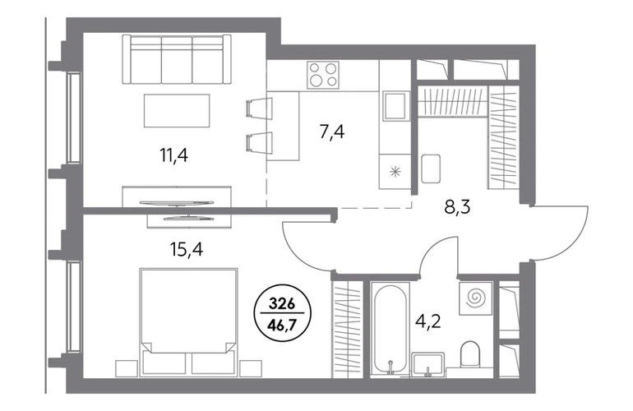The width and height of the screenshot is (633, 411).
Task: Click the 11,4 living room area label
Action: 174,155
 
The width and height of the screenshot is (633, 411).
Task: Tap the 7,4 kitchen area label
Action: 332,132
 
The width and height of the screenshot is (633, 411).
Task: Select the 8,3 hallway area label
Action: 457,208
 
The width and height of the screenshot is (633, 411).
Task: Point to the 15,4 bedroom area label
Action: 187,250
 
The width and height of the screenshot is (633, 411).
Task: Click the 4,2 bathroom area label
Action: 428,322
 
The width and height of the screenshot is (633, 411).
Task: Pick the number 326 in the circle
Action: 282,303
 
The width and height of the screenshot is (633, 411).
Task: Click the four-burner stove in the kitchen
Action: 323,75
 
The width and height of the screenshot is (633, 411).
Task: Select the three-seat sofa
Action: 177,59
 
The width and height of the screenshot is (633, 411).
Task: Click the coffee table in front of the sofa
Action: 177,111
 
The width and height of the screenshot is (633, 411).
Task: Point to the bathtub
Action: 390,329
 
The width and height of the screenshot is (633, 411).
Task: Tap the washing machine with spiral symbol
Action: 475,298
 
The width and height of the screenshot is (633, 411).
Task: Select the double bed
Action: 188,321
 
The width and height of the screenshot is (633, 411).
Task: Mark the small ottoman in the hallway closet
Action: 431,169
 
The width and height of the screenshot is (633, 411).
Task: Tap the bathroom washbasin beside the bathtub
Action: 428,364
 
